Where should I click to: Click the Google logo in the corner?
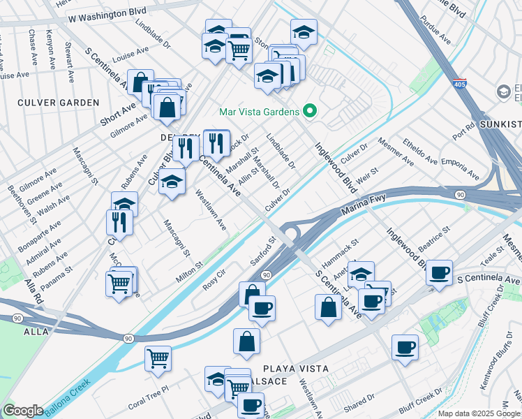point(23,411)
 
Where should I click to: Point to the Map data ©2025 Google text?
point(478,413)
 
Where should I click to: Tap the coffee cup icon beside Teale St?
point(440,272)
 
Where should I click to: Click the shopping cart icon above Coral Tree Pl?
point(158,358)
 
